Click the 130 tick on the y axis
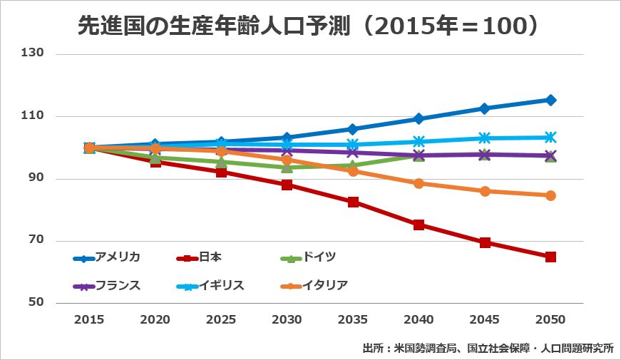pyautogui.click(x=34, y=53)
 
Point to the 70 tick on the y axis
pyautogui.click(x=36, y=241)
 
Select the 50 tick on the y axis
pyautogui.click(x=36, y=303)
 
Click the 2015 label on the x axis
pyautogui.click(x=89, y=320)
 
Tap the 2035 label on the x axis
pyautogui.click(x=353, y=320)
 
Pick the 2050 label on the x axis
pyautogui.click(x=550, y=320)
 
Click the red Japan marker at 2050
pyautogui.click(x=550, y=257)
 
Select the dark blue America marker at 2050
pyautogui.click(x=550, y=100)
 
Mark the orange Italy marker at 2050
pyautogui.click(x=550, y=195)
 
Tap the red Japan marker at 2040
pyautogui.click(x=419, y=225)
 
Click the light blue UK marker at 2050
pyautogui.click(x=550, y=137)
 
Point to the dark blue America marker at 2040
pyautogui.click(x=419, y=118)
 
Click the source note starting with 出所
pyautogui.click(x=487, y=349)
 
